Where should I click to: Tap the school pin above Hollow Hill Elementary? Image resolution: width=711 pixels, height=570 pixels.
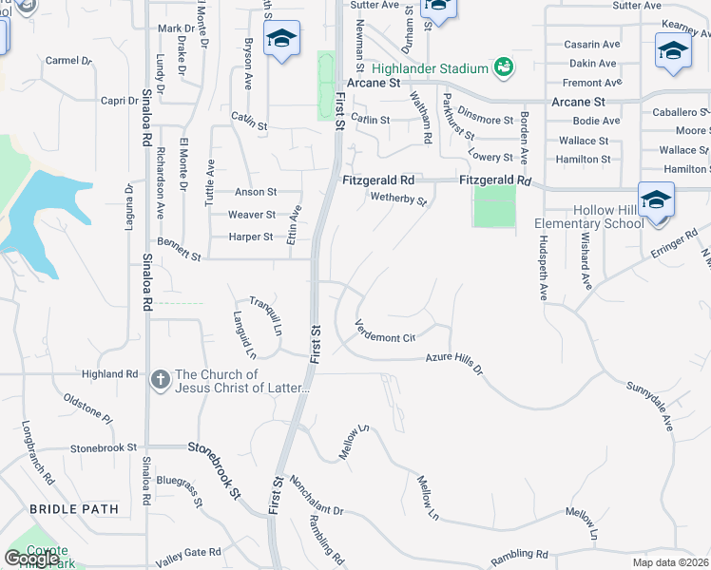[656, 200]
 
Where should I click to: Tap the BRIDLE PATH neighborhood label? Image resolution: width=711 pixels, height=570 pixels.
[74, 509]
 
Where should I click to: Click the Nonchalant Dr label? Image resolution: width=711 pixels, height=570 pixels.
[317, 496]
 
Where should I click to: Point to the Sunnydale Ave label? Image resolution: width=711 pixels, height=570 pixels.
[649, 408]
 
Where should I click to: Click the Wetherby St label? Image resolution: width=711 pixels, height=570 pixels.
[397, 199]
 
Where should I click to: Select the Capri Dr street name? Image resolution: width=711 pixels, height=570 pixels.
[121, 100]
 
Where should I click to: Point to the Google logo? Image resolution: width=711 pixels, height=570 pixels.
[31, 559]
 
